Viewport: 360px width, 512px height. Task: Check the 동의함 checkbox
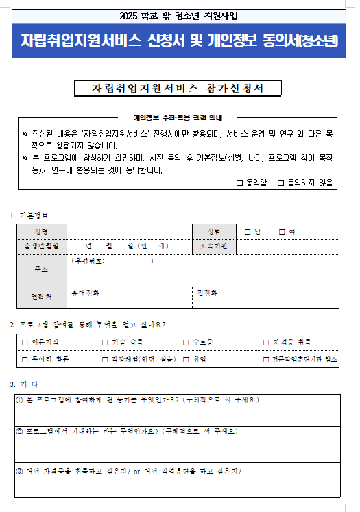[239, 183]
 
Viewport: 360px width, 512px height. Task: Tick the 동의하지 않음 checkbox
[281, 183]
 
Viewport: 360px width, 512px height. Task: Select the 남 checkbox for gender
[248, 231]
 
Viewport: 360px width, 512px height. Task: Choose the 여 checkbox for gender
[281, 231]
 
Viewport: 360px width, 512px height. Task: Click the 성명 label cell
[41, 232]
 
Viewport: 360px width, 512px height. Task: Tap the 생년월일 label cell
[41, 246]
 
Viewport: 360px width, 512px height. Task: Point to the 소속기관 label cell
[213, 246]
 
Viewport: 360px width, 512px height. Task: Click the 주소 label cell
[41, 270]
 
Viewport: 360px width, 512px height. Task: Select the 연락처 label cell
[41, 296]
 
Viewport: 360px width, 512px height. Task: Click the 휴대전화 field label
[85, 292]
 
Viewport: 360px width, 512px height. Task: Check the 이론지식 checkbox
[25, 342]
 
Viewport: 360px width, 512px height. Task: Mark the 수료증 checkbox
[186, 342]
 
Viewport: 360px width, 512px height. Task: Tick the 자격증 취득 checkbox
[267, 342]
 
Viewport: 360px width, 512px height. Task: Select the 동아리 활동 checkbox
[25, 359]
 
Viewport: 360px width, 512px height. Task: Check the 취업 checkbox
[186, 359]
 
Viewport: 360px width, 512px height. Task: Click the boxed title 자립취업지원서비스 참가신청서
[178, 89]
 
